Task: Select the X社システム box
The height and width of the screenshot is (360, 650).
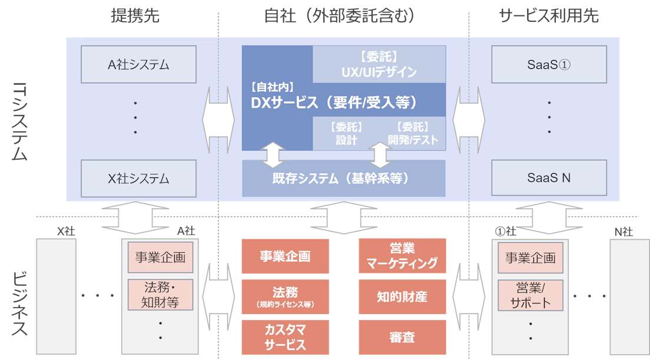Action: point(138,177)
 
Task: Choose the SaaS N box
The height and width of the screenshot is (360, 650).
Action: point(549,177)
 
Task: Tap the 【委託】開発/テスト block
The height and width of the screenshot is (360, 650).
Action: point(412,134)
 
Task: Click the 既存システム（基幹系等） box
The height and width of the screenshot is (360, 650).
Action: point(344,178)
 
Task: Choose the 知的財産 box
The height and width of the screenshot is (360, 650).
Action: point(402,296)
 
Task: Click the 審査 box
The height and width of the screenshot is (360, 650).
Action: point(402,337)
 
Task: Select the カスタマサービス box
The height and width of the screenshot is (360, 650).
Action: point(285,337)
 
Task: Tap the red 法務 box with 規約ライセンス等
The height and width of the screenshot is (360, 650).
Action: point(285,296)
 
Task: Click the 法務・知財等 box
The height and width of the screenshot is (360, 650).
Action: point(160,295)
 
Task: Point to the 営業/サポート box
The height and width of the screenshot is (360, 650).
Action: point(530,295)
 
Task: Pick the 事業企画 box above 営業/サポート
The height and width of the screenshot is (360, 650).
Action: point(530,258)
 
